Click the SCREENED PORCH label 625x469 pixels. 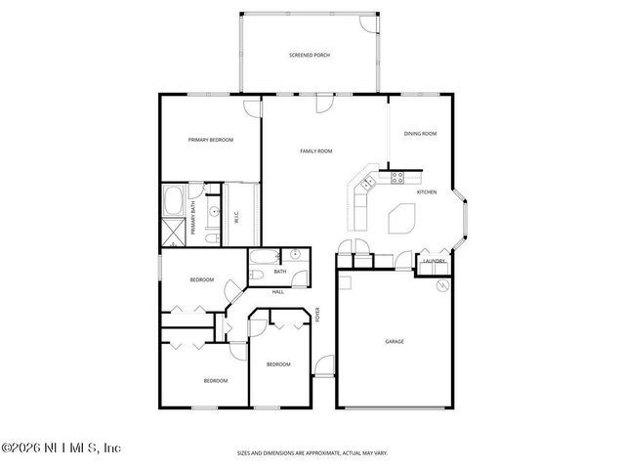310,56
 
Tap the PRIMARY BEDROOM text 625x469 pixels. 211,140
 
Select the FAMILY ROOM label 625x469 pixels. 316,151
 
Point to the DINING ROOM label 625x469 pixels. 420,133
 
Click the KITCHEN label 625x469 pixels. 427,192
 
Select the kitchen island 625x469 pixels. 401,219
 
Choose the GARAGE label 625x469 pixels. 395,341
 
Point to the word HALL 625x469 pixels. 278,291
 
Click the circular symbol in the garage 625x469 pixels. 442,286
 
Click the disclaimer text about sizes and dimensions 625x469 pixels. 312,453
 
